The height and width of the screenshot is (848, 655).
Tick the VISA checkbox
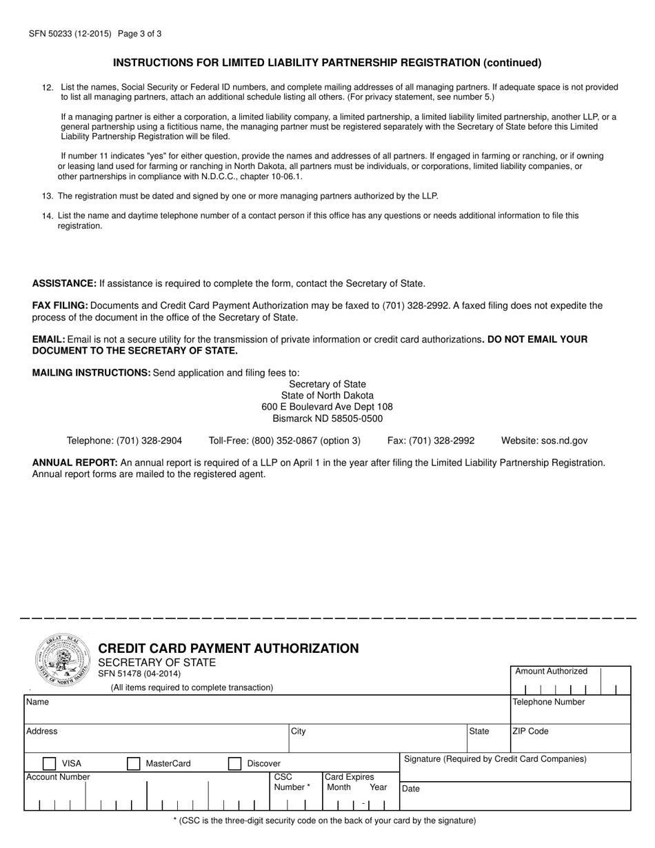[50, 763]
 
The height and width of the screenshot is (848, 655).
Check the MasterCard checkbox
[134, 763]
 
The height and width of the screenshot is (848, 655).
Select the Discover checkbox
[235, 763]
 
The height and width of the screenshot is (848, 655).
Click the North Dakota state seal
[62, 660]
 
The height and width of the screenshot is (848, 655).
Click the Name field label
[37, 702]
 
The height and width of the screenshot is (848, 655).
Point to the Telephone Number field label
[548, 702]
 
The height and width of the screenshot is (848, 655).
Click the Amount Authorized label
[552, 671]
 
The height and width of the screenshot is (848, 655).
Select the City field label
[299, 731]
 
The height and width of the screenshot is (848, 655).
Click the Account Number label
[58, 777]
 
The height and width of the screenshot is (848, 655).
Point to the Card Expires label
[350, 777]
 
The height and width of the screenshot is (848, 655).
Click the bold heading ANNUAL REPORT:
[75, 463]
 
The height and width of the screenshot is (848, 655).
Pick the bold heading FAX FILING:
[60, 305]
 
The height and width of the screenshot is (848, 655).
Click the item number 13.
[48, 196]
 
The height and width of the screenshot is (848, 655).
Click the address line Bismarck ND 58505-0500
[327, 418]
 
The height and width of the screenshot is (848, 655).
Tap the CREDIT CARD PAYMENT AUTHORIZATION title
[229, 648]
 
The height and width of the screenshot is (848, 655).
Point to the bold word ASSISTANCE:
[64, 283]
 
